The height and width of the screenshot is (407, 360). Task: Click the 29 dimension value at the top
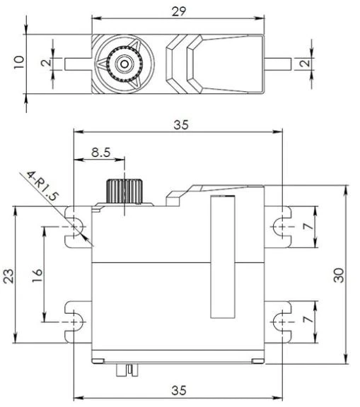(179, 12)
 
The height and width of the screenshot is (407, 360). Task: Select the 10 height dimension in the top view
(19, 62)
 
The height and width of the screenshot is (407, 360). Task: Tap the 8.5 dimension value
(100, 153)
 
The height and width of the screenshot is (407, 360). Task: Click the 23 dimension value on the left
(8, 276)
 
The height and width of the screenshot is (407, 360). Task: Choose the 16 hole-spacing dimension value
(37, 276)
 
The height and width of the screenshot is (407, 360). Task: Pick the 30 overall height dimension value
(339, 275)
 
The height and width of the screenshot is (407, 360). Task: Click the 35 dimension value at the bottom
(179, 390)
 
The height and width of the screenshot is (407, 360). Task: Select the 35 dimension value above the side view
(181, 125)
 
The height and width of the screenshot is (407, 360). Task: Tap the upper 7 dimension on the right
(309, 226)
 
